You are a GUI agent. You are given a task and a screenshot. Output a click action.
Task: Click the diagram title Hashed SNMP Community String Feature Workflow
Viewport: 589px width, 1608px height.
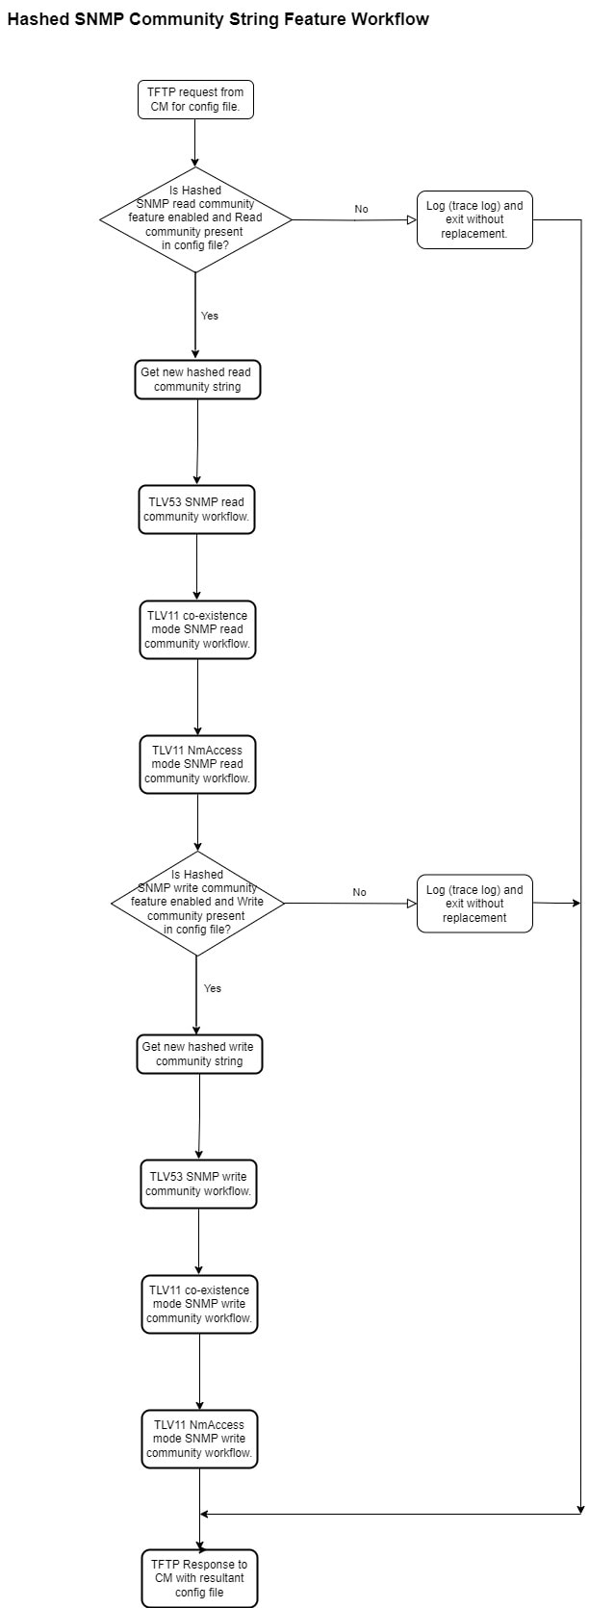(x=218, y=19)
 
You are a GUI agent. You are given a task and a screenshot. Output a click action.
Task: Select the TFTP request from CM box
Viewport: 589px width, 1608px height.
(x=195, y=100)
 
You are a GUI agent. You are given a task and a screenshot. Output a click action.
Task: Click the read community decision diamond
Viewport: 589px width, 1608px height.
(x=195, y=219)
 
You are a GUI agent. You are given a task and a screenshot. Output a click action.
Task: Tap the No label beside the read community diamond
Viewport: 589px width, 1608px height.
(x=361, y=209)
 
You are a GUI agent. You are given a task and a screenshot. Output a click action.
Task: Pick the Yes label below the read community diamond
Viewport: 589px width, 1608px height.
(x=210, y=316)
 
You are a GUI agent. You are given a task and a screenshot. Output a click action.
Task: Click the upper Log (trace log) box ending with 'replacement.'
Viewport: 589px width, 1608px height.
(x=474, y=219)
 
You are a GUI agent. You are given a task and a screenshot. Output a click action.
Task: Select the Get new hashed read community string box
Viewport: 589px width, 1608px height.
(x=197, y=380)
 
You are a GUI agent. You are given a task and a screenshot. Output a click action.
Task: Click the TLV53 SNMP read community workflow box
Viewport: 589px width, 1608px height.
(x=196, y=510)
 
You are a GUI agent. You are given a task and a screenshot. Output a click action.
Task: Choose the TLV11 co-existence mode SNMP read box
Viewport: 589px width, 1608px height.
(x=197, y=629)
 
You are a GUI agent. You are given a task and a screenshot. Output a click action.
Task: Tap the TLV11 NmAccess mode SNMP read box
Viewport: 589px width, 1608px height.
(x=197, y=764)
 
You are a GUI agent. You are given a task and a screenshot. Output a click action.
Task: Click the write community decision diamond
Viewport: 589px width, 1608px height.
(x=197, y=903)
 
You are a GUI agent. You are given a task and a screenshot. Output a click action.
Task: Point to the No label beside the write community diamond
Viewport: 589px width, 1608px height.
(x=360, y=892)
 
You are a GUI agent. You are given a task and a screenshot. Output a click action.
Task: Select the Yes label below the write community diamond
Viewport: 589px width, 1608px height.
(x=213, y=988)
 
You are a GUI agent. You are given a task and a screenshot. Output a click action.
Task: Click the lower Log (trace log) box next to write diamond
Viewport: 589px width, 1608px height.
(x=474, y=904)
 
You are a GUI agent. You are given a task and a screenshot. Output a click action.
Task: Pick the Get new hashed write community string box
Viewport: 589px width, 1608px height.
(x=199, y=1055)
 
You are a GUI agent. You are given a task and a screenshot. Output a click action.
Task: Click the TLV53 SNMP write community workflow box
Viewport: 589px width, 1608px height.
(x=198, y=1185)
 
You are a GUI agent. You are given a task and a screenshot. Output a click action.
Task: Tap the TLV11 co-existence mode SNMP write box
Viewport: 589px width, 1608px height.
(x=199, y=1304)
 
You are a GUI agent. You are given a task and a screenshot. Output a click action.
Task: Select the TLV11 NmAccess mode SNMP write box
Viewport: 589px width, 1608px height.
(x=199, y=1440)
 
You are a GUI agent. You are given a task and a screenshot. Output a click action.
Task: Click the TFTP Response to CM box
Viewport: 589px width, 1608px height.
(x=199, y=1578)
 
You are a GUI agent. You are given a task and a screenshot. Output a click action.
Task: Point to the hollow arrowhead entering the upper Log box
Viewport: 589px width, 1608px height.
(x=412, y=219)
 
